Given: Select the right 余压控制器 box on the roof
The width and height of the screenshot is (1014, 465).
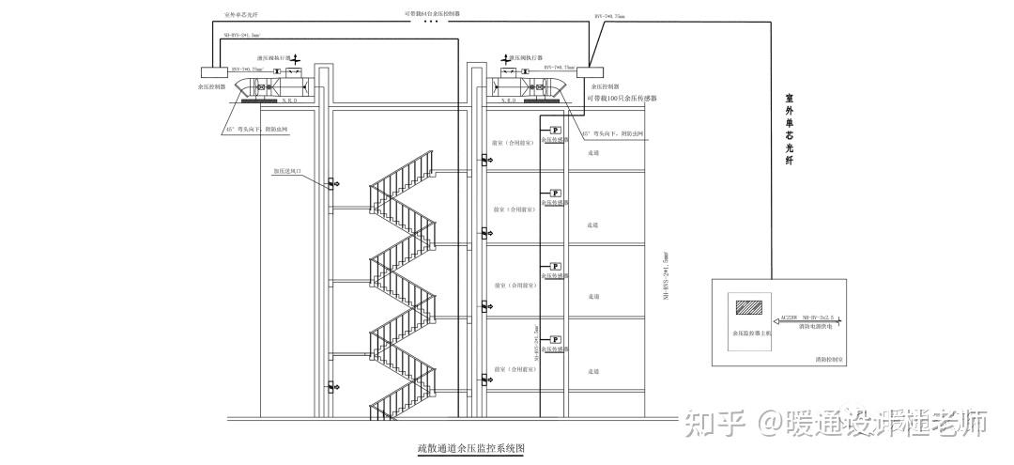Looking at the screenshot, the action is [x=591, y=71].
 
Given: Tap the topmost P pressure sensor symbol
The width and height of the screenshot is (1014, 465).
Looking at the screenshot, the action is [x=555, y=130].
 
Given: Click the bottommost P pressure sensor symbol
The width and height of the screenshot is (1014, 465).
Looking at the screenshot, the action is [x=555, y=339].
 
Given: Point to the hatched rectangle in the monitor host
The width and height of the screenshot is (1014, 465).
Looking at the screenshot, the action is [x=749, y=307].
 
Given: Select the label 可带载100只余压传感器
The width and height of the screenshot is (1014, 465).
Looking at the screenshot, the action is [x=622, y=98].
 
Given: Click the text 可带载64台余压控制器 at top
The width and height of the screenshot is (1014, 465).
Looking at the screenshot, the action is [x=432, y=14].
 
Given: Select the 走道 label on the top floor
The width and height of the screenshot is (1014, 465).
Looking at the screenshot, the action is [x=592, y=151].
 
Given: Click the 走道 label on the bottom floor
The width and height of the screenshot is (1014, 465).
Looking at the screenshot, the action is [x=592, y=372].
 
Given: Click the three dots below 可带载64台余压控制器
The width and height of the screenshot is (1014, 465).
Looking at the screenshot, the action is [x=432, y=23].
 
